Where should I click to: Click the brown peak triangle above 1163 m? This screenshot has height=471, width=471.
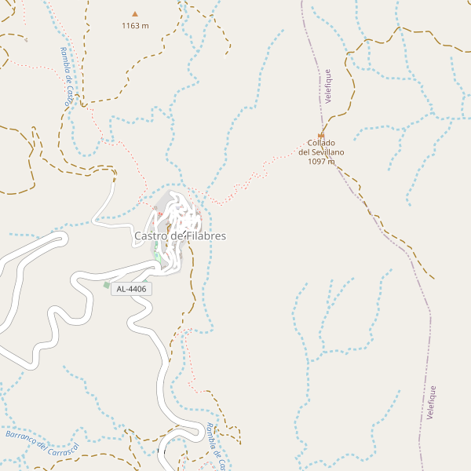point(135,13)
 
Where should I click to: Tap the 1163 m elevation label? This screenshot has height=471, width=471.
point(135,26)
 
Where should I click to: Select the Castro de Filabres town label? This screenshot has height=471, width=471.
point(180,235)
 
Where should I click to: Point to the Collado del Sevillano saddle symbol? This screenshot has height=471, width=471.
point(321,135)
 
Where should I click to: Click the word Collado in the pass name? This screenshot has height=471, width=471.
point(322,144)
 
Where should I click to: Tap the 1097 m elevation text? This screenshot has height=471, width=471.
point(322,162)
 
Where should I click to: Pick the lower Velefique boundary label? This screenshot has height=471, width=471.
point(432,402)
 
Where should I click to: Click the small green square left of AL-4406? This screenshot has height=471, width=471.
point(107,285)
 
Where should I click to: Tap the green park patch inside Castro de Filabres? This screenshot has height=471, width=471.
point(157,257)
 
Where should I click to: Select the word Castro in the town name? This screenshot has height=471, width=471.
point(151,235)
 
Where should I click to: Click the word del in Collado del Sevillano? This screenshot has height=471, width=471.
point(305,152)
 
